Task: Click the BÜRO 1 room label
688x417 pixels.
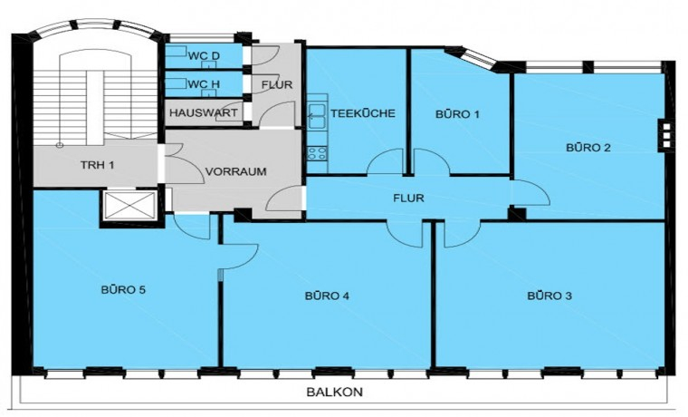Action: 457,114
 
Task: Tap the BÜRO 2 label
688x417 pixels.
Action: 588,147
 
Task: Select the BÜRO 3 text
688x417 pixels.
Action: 549,296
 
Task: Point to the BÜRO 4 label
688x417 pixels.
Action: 327,296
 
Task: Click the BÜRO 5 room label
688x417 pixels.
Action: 123,290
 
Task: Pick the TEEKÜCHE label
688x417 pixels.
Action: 363,113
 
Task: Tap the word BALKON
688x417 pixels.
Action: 334,392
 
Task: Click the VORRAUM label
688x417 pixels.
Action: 235,171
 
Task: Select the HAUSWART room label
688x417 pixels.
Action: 203,113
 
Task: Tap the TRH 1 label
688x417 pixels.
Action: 98,165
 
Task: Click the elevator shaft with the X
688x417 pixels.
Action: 129,205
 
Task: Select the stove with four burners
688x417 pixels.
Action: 317,153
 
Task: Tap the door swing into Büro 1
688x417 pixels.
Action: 432,161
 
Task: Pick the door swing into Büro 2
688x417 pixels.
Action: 530,193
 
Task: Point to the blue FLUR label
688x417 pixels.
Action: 408,199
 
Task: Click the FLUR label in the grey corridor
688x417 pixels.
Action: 277,84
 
